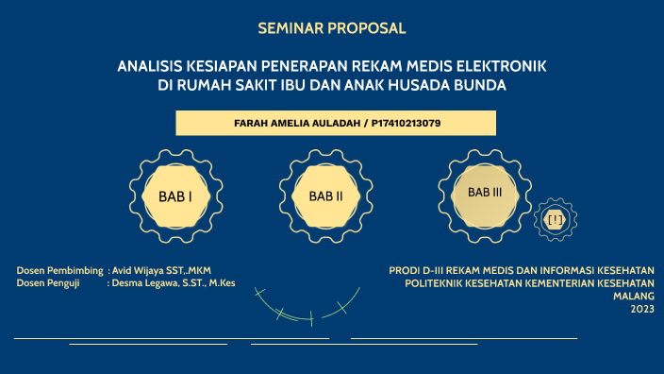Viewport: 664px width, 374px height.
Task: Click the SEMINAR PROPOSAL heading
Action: point(332,28)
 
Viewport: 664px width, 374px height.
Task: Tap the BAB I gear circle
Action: point(175,195)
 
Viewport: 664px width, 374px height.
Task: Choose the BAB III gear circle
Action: point(485,192)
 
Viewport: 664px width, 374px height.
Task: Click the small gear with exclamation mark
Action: point(555,220)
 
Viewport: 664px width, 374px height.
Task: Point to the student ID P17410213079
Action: point(400,124)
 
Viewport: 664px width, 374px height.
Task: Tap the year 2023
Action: point(642,309)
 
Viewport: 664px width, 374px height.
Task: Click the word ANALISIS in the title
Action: point(149,67)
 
